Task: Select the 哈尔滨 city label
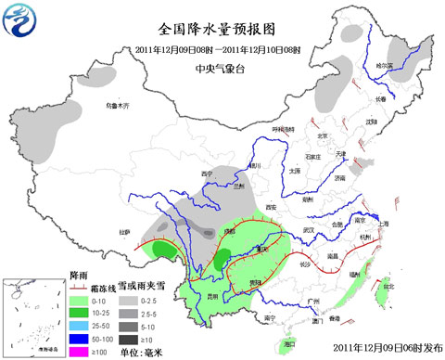(384, 66)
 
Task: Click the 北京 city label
(324, 137)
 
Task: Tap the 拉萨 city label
(126, 231)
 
